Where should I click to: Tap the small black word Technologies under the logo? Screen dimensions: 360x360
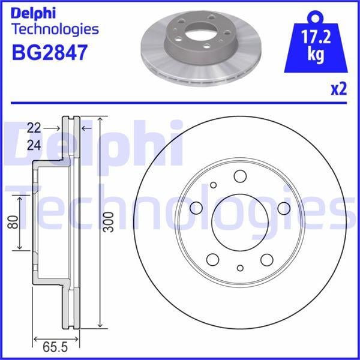point(55,29)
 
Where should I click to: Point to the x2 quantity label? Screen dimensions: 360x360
point(339,89)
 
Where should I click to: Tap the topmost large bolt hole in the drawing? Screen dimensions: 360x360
point(241,176)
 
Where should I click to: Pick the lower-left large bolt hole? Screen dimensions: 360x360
point(213,259)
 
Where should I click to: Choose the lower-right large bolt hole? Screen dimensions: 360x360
point(266,259)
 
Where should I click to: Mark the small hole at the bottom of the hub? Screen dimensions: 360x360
point(240,268)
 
